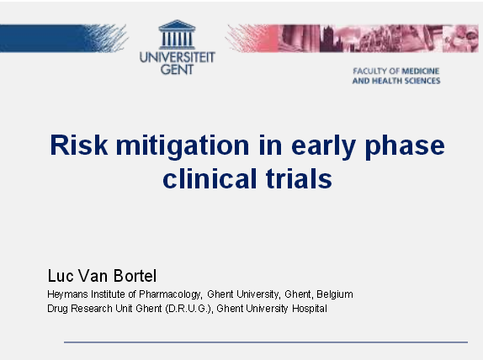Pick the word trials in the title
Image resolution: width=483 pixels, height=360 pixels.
(x=296, y=179)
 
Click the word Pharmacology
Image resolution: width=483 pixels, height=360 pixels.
(x=169, y=294)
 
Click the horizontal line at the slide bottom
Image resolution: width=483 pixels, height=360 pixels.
(x=266, y=342)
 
